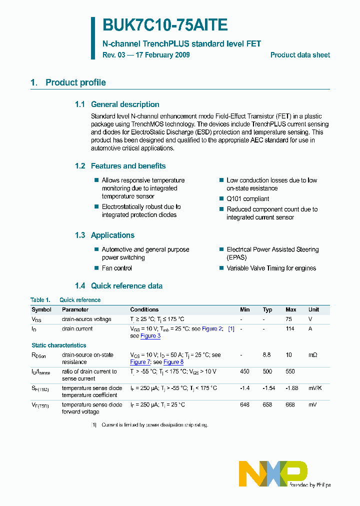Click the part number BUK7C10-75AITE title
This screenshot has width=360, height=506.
(x=165, y=25)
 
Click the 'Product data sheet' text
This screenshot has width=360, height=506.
(x=300, y=55)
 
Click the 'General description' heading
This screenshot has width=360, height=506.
(x=125, y=104)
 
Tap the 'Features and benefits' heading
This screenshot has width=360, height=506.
(x=128, y=166)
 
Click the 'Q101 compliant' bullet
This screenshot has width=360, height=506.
(x=247, y=198)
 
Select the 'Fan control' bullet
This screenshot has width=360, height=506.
(x=117, y=268)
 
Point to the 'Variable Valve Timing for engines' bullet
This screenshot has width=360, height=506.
(x=271, y=268)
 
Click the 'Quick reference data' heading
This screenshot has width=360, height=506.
(x=126, y=286)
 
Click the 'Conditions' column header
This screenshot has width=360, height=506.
(x=144, y=309)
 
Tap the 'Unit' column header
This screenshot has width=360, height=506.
(x=313, y=309)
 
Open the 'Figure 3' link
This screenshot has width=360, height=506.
(x=150, y=336)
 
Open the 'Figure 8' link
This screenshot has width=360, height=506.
(x=173, y=362)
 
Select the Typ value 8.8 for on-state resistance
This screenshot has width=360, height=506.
(x=267, y=355)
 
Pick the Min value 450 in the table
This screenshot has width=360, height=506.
(x=244, y=371)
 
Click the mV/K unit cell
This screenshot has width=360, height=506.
(x=316, y=388)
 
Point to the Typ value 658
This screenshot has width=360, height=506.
(x=267, y=404)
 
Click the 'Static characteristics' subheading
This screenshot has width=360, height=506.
(x=59, y=345)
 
